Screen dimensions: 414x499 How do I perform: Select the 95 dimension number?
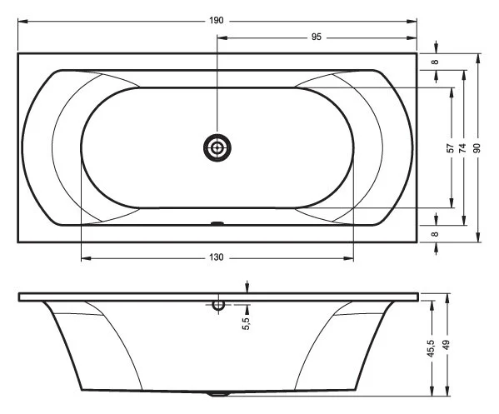coord(317,37)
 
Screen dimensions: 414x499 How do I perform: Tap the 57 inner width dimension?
coord(450,147)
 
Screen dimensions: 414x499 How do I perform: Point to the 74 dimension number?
coord(462,147)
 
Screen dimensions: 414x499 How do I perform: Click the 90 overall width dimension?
coord(477,147)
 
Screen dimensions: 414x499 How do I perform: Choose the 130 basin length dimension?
coord(217,257)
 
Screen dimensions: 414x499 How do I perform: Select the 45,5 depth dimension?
coord(431,346)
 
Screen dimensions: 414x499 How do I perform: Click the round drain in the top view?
coord(217,148)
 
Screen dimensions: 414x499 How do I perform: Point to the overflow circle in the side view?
coord(218,305)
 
